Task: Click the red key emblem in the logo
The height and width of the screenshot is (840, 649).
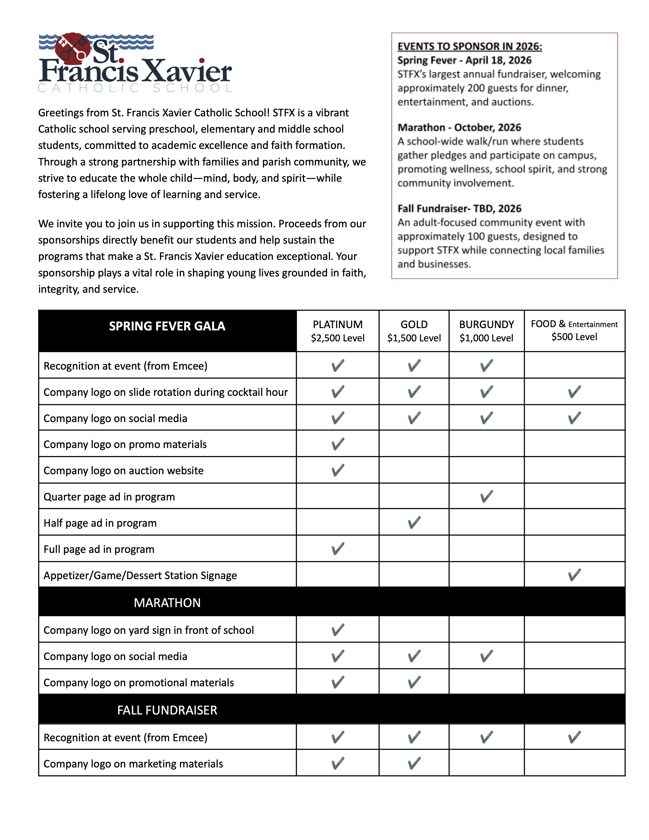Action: click(x=73, y=48)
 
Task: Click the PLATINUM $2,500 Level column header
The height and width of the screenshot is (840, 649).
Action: click(x=337, y=331)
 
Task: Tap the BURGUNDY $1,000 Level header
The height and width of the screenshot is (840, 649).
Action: click(x=486, y=331)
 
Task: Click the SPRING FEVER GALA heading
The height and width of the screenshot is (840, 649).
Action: click(x=167, y=326)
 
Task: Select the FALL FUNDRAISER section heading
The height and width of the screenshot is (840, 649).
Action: click(x=167, y=710)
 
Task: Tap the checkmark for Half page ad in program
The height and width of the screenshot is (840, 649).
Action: click(x=414, y=522)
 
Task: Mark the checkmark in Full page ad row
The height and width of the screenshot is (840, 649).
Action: click(x=337, y=549)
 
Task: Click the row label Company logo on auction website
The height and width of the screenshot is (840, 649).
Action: click(x=123, y=470)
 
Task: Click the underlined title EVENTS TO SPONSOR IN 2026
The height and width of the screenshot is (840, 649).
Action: click(x=470, y=47)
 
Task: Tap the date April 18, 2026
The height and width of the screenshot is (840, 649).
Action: click(x=498, y=60)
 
